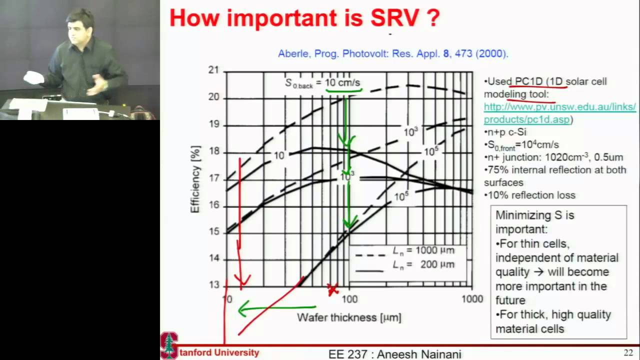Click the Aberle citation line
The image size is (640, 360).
click(x=393, y=53)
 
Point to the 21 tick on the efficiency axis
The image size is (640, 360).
click(x=213, y=70)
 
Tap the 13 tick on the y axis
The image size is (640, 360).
click(x=213, y=285)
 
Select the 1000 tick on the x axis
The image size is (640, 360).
click(x=472, y=299)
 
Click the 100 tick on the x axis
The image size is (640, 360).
click(x=349, y=299)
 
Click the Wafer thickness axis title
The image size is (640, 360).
click(x=349, y=317)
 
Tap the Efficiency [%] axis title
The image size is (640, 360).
click(x=195, y=179)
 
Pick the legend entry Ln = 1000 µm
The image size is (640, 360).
click(x=423, y=250)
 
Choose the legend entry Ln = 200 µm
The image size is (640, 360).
click(x=423, y=264)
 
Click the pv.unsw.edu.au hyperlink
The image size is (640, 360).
click(x=559, y=113)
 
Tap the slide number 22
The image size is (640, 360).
click(x=628, y=352)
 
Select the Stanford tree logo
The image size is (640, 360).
click(x=169, y=345)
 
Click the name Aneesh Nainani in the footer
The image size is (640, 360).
click(x=419, y=354)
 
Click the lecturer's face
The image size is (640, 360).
click(x=81, y=24)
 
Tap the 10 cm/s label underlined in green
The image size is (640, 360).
click(x=343, y=82)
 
